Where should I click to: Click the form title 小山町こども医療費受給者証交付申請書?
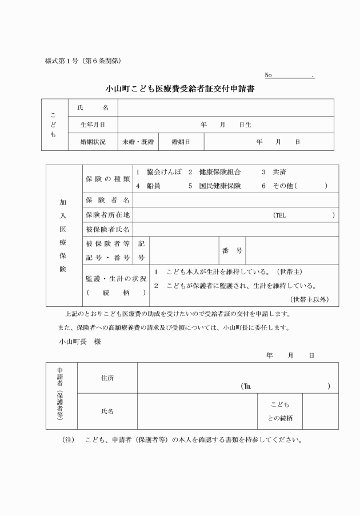pos(180,89)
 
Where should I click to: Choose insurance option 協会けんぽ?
pos(163,172)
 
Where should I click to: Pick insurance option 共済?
pos(279,172)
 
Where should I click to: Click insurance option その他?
pos(284,186)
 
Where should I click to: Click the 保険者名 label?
pos(107,201)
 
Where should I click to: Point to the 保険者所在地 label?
pos(107,215)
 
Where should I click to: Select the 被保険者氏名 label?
pos(107,230)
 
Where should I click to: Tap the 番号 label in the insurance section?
pos(232,251)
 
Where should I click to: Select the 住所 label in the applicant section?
pos(107,378)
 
